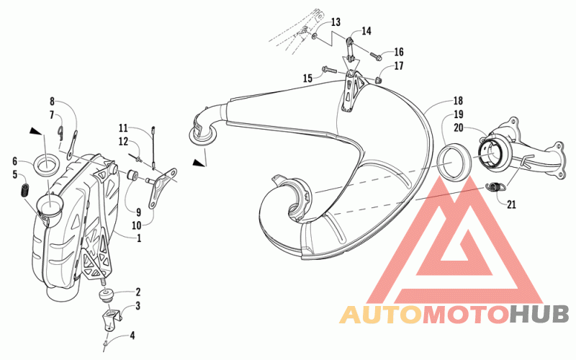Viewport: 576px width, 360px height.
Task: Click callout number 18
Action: point(458,101)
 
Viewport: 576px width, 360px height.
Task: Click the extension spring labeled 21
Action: point(495,187)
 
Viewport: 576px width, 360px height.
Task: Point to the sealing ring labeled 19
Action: point(454,161)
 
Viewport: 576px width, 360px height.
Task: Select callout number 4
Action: point(132,336)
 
